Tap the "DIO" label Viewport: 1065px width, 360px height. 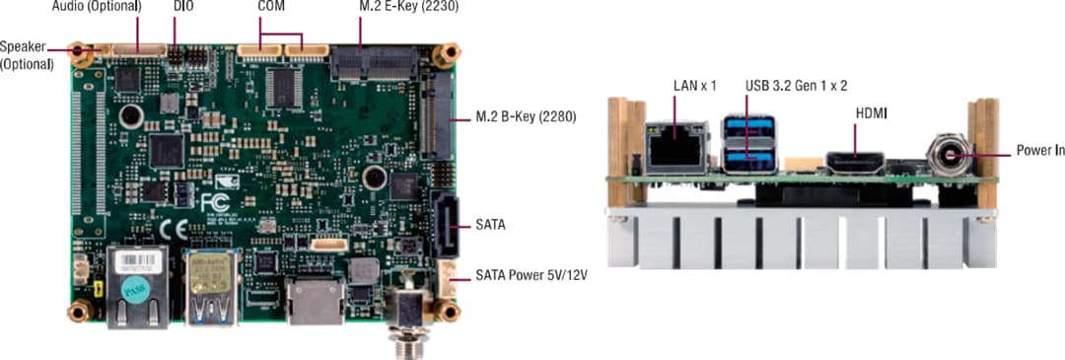point(183,7)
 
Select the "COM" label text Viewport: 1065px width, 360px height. point(272,7)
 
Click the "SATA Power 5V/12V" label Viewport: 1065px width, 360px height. point(531,275)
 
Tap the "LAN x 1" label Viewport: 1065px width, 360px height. point(694,86)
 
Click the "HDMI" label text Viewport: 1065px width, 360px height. point(871,114)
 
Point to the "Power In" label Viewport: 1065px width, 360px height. point(1039,152)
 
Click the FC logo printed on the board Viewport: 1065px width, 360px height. point(214,201)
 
